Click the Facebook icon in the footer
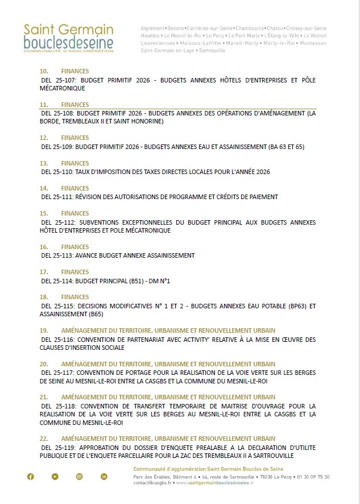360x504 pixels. click(x=31, y=477)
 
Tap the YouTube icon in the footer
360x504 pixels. click(x=55, y=477)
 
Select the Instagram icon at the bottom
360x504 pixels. click(x=80, y=477)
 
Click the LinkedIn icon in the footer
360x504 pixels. click(x=104, y=477)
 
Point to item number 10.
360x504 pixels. click(x=44, y=72)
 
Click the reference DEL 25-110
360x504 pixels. click(x=57, y=172)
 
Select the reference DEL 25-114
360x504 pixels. click(x=57, y=280)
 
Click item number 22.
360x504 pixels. click(x=44, y=439)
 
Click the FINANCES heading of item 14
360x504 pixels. click(x=75, y=188)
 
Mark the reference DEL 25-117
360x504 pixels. click(x=57, y=373)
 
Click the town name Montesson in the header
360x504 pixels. click(x=313, y=43)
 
